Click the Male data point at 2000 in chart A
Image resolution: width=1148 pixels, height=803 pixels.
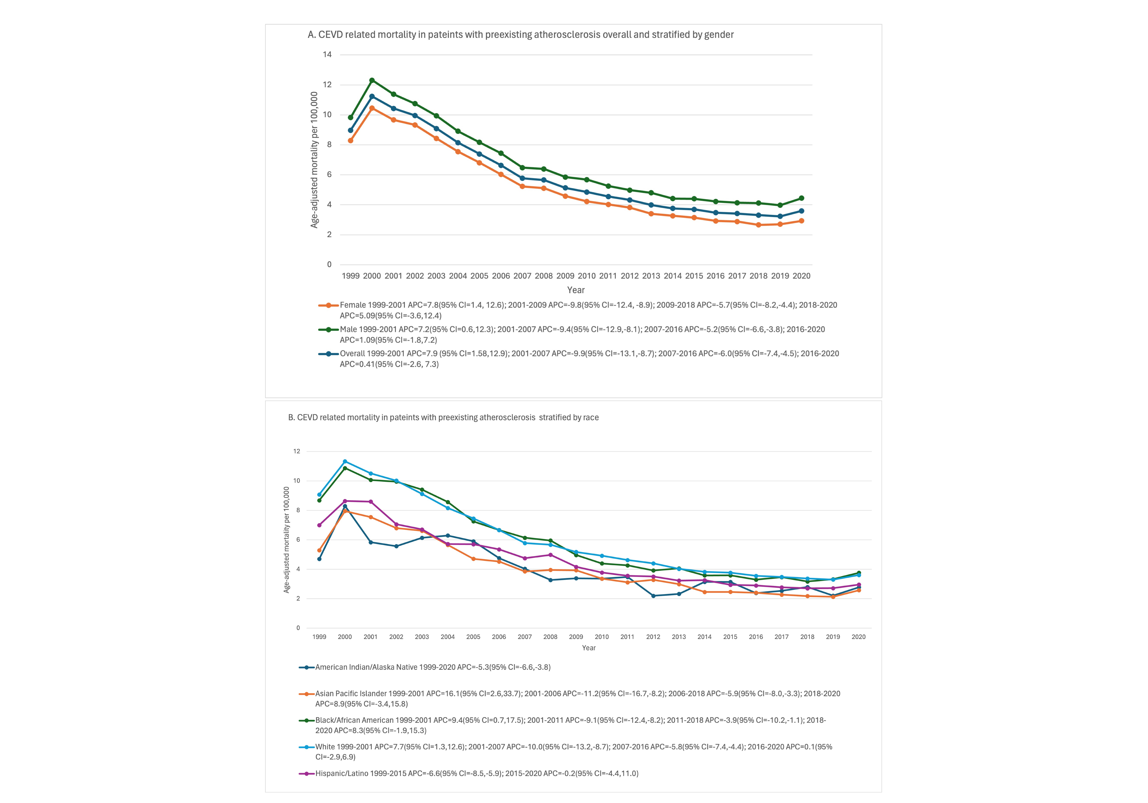pyautogui.click(x=372, y=80)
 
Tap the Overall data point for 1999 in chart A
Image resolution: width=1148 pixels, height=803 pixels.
pyautogui.click(x=351, y=130)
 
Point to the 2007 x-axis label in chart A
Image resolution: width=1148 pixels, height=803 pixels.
pyautogui.click(x=523, y=276)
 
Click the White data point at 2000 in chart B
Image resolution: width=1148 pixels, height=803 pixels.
pyautogui.click(x=345, y=461)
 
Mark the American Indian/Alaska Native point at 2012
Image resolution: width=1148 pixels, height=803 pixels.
pyautogui.click(x=653, y=596)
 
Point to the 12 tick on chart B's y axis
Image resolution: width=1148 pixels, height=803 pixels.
pyautogui.click(x=297, y=451)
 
